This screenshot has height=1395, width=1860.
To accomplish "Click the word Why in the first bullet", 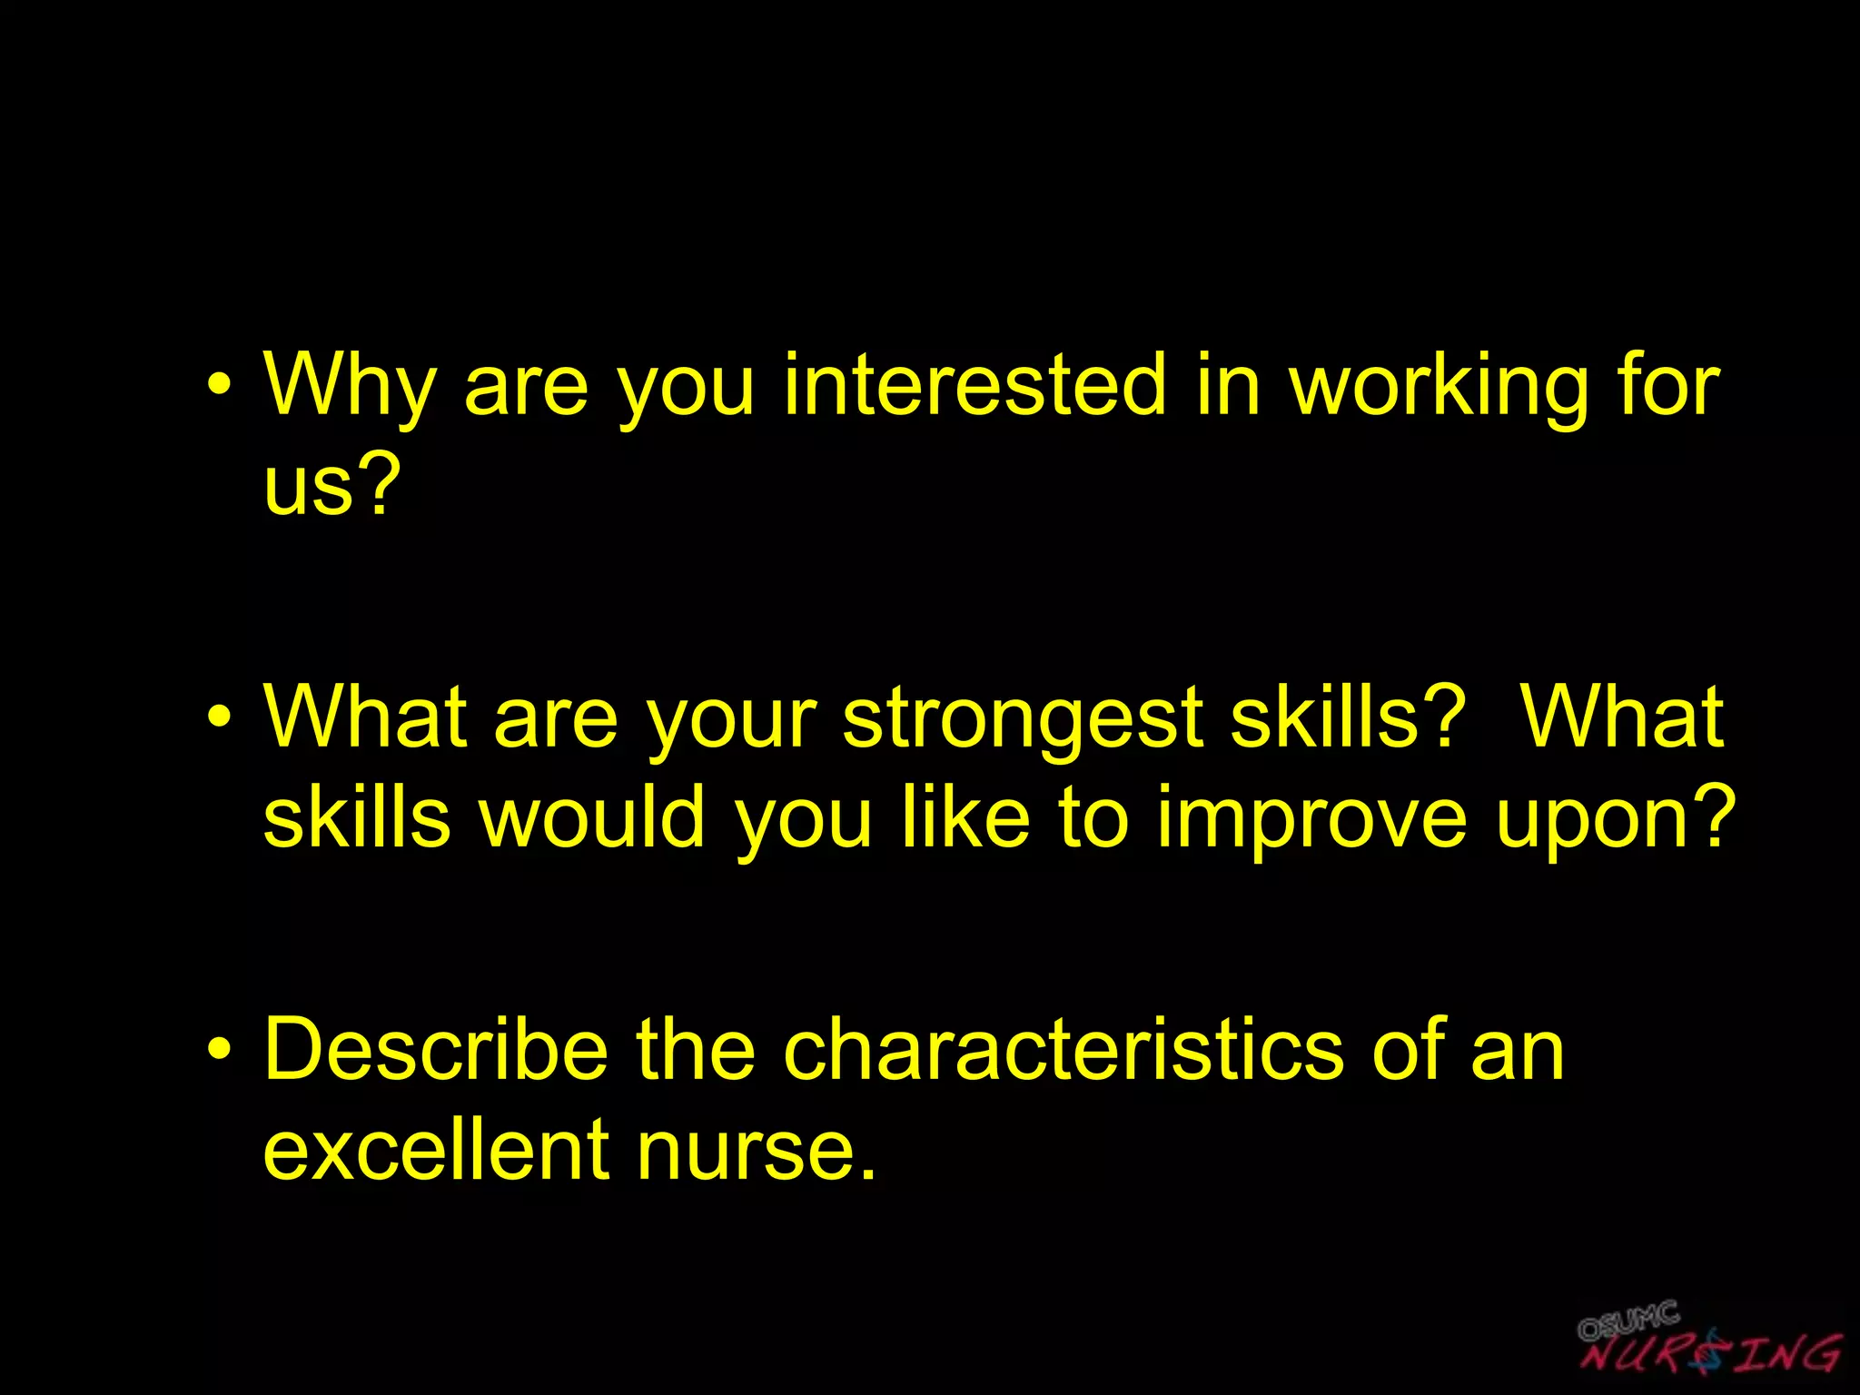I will point(350,385).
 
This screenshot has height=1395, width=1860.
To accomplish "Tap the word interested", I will point(974,385).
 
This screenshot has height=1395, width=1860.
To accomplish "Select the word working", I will point(1439,385).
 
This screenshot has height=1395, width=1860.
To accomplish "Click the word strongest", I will point(1023,718).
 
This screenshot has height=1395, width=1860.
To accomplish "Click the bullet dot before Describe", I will point(218,1052).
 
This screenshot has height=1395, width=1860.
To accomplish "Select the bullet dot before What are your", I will point(218,720).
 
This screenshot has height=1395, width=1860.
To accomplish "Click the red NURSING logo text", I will point(1711,1353).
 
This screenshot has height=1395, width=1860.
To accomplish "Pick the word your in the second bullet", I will point(731,718).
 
